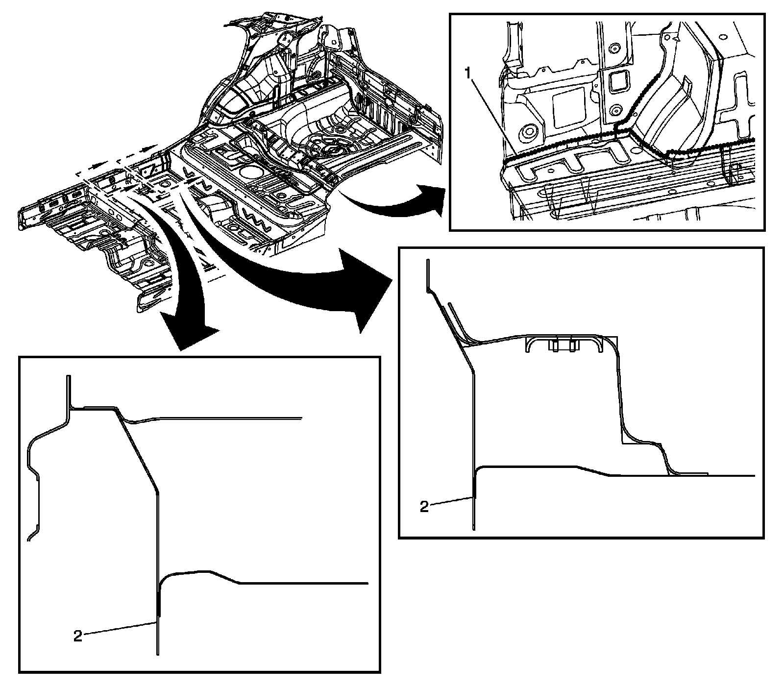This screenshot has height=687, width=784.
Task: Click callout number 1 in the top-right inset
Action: pyautogui.click(x=468, y=74)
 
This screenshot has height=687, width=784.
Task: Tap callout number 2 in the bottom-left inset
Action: pyautogui.click(x=78, y=636)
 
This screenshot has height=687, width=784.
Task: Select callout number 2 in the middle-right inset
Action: pyautogui.click(x=424, y=506)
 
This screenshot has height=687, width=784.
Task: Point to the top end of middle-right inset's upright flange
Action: pyautogui.click(x=427, y=261)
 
